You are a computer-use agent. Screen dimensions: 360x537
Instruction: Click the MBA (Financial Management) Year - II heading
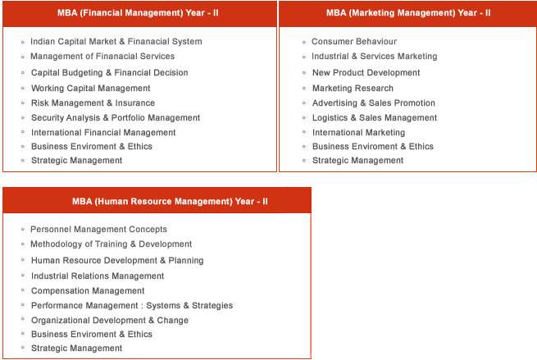coord(139,14)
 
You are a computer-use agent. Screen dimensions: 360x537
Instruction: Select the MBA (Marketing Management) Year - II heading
coord(407,14)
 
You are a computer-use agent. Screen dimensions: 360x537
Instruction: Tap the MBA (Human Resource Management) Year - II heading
coord(157,201)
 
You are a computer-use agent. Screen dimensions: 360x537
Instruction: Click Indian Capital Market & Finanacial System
coord(116,42)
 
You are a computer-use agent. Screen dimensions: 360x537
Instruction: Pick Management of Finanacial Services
coord(102,57)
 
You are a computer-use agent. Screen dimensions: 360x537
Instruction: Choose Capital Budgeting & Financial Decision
coord(109,73)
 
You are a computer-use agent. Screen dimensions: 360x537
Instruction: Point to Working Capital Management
coord(90,89)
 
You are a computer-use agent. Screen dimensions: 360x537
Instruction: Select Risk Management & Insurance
coord(93,103)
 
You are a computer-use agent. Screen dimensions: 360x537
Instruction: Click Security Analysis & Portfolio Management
coord(116,118)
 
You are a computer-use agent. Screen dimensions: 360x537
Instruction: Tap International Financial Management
coord(103,133)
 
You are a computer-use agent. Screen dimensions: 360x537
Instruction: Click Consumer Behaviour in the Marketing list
coord(353,42)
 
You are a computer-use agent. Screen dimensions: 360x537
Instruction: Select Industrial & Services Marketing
coord(374,57)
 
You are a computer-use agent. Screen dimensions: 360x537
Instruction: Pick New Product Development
coord(366,73)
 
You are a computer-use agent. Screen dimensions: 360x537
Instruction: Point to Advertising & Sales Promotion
coord(373,103)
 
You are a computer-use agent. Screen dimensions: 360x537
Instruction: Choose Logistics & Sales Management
coord(374,118)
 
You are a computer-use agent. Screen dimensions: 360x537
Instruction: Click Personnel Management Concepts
coord(98,230)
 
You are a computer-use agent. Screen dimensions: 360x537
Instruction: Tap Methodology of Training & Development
coord(111,244)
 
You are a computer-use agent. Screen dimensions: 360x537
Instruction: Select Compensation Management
coord(88,291)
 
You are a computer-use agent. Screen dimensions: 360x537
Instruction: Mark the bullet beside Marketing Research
coord(304,89)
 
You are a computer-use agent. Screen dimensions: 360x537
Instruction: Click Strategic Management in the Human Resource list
coord(76,349)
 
